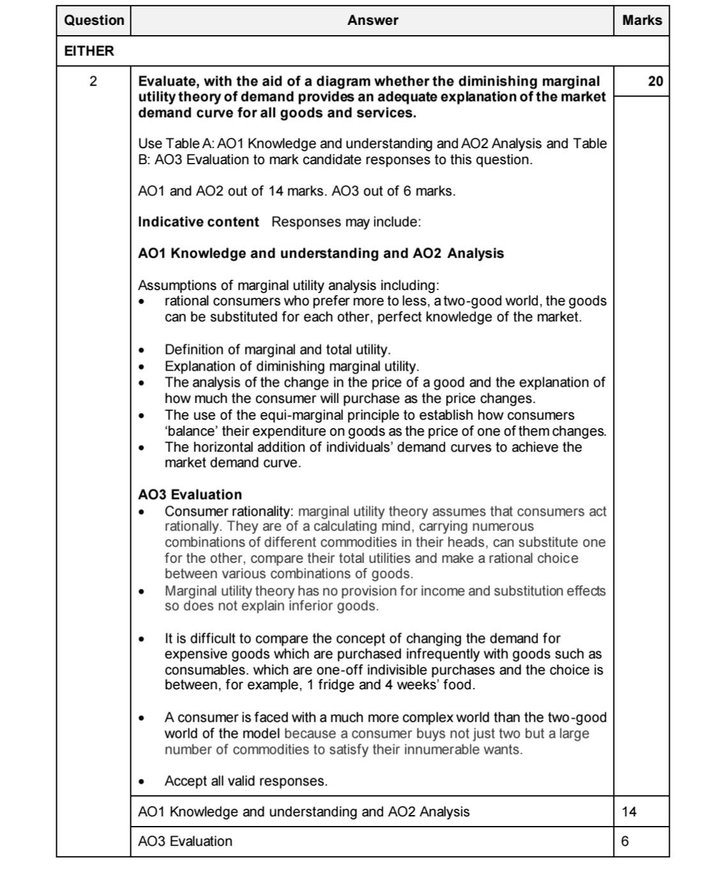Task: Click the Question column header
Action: coord(94,20)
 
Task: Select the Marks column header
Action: coord(642,20)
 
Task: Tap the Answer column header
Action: coord(373,20)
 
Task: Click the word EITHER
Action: coord(89,51)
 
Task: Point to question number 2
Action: coord(93,81)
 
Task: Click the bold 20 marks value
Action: coord(655,81)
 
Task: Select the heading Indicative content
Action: coord(198,222)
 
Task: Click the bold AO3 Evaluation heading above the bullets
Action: coord(190,494)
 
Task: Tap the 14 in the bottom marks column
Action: coord(629,812)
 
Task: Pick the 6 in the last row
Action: coord(625,841)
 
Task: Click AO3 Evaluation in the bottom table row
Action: coord(185,841)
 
